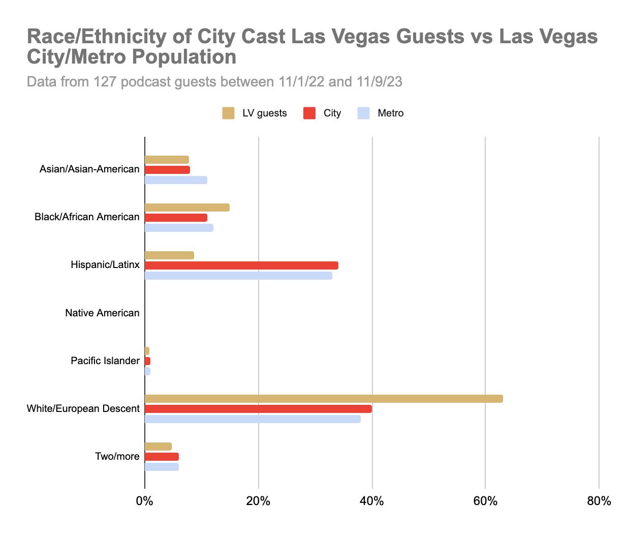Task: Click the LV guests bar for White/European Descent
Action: (324, 399)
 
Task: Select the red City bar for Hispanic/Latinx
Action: (241, 265)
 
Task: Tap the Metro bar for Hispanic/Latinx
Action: (238, 276)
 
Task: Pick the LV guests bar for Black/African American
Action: (187, 207)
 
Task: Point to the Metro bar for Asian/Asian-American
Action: (176, 180)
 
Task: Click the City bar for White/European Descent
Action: (258, 409)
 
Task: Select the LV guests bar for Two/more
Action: (158, 447)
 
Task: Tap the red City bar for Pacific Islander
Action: (147, 361)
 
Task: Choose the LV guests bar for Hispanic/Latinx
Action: (169, 255)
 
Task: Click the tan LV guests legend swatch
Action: (228, 113)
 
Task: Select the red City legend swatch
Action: (309, 113)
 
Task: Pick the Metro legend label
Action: (390, 113)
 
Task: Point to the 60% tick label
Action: (485, 501)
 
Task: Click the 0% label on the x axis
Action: (145, 501)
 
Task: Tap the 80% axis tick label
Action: (599, 501)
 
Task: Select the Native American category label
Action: (102, 313)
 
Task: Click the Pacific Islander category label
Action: (105, 361)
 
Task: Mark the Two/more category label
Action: (117, 457)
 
